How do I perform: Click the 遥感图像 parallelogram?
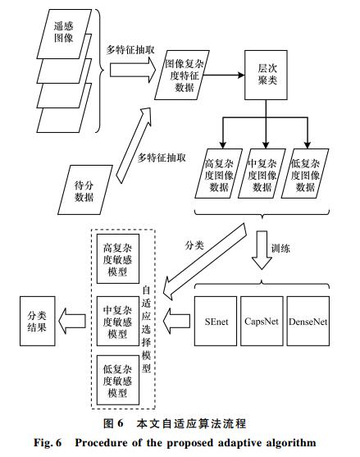(64, 34)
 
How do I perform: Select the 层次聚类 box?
(266, 75)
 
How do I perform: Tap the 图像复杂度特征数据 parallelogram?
(182, 75)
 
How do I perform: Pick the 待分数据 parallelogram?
(85, 190)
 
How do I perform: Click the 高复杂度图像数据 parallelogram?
(218, 174)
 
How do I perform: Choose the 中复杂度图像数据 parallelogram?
(262, 174)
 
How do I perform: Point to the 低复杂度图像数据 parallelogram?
(305, 174)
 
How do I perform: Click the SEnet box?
(216, 321)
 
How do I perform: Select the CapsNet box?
(262, 321)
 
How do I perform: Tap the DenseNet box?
(308, 321)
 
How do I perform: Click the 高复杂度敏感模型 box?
(118, 258)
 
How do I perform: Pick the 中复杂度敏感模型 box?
(118, 321)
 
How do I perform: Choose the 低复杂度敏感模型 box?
(118, 380)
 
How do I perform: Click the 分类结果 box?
(38, 321)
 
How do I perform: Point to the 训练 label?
(280, 249)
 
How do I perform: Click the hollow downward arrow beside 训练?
(262, 250)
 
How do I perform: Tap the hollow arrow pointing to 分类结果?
(72, 321)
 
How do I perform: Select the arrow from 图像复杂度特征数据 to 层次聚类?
(224, 75)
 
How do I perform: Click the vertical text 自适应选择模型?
(146, 330)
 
